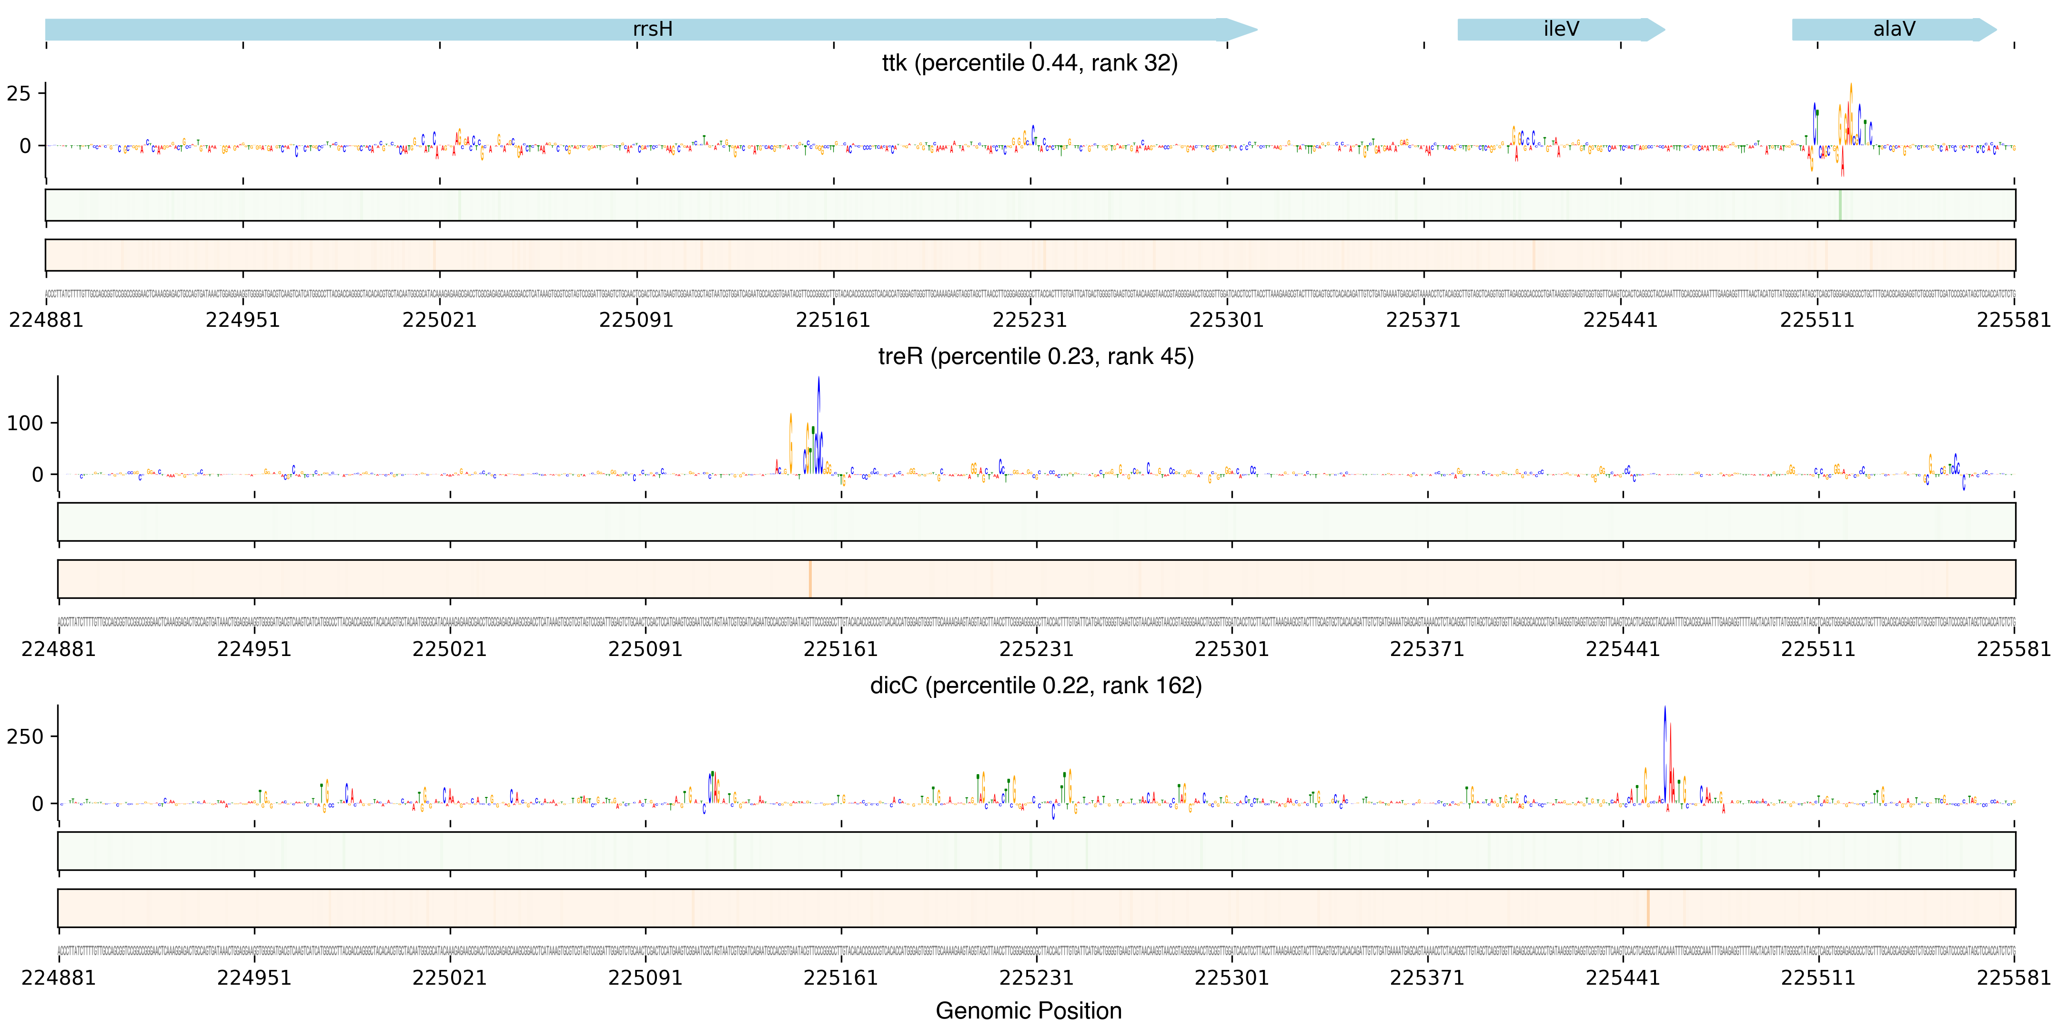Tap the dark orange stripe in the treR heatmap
[x=810, y=578]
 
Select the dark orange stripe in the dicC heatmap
[x=1647, y=908]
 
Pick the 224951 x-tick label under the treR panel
[x=254, y=649]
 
